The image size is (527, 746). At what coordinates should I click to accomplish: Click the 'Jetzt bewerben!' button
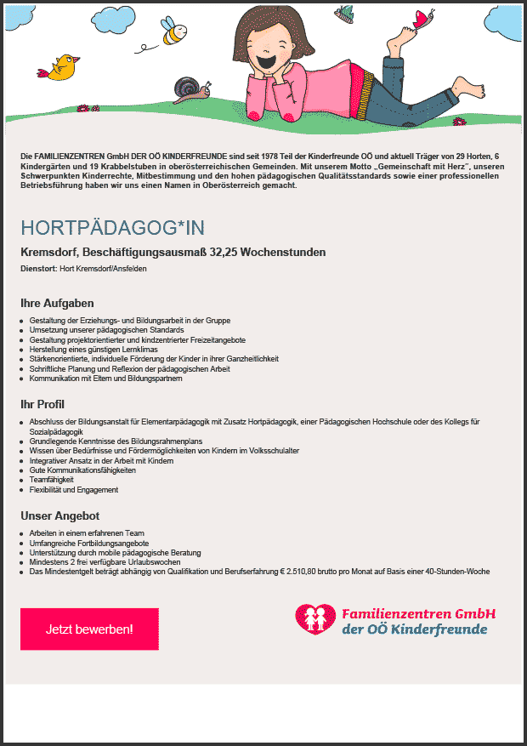tap(89, 629)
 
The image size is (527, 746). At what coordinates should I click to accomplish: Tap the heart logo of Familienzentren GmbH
tap(315, 619)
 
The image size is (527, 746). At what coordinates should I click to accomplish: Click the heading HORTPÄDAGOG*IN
tap(112, 228)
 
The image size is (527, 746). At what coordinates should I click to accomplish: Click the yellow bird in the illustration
tap(63, 66)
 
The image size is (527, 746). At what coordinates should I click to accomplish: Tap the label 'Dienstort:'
tap(38, 269)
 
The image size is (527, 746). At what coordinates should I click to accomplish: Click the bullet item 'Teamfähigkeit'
tap(51, 480)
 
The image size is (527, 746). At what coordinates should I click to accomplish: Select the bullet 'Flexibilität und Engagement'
tap(74, 490)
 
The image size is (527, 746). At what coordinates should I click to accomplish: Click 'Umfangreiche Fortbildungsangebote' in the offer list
tap(88, 543)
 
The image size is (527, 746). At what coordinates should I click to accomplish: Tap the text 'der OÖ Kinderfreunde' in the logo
tap(414, 630)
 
